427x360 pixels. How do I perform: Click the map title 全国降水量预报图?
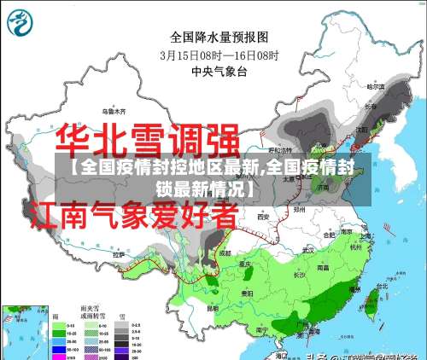click(x=219, y=37)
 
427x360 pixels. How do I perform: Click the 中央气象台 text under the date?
click(x=219, y=72)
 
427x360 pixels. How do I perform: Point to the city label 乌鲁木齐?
click(x=114, y=111)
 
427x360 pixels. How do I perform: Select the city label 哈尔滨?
click(x=377, y=86)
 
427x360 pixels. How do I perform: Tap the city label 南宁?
click(x=262, y=328)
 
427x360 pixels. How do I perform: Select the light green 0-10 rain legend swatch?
click(x=60, y=325)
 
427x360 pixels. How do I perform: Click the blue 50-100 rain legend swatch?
click(x=60, y=350)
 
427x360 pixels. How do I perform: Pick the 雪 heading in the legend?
click(x=124, y=314)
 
